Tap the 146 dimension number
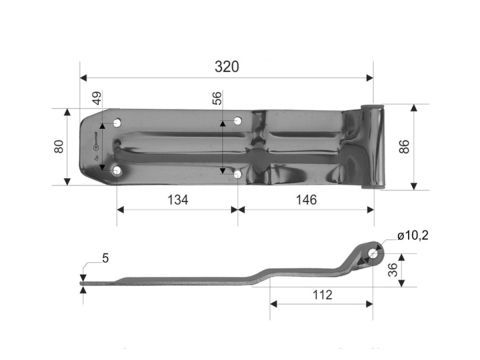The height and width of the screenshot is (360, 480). point(307,199)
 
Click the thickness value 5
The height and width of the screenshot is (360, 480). point(106,258)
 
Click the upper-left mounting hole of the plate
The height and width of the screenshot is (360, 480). point(118,122)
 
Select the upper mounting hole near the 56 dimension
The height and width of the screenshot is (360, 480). point(238,121)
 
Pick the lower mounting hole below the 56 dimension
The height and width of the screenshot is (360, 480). point(237,174)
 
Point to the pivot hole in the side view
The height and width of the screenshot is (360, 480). point(373,253)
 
